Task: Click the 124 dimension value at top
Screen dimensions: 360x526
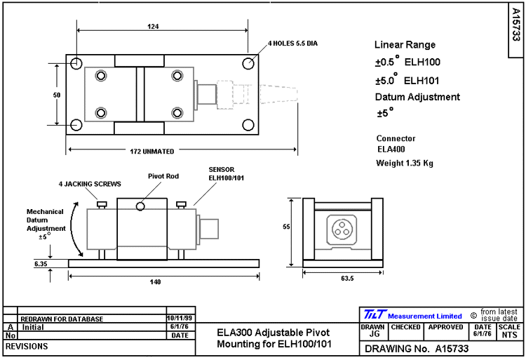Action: pos(154,26)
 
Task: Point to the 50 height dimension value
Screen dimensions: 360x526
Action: pos(56,94)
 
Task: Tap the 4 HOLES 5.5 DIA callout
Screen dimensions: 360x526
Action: pos(292,44)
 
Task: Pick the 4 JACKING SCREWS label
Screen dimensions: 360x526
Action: pos(90,184)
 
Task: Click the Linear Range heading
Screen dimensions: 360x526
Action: pos(405,45)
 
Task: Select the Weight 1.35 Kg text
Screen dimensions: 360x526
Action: pos(405,164)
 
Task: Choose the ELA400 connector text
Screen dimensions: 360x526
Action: pos(391,149)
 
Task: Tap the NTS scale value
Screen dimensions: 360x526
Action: pos(509,335)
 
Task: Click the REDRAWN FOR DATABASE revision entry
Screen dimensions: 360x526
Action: pos(62,319)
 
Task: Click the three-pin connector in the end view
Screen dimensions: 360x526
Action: pos(344,228)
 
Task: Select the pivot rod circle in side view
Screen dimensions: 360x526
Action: pos(142,206)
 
